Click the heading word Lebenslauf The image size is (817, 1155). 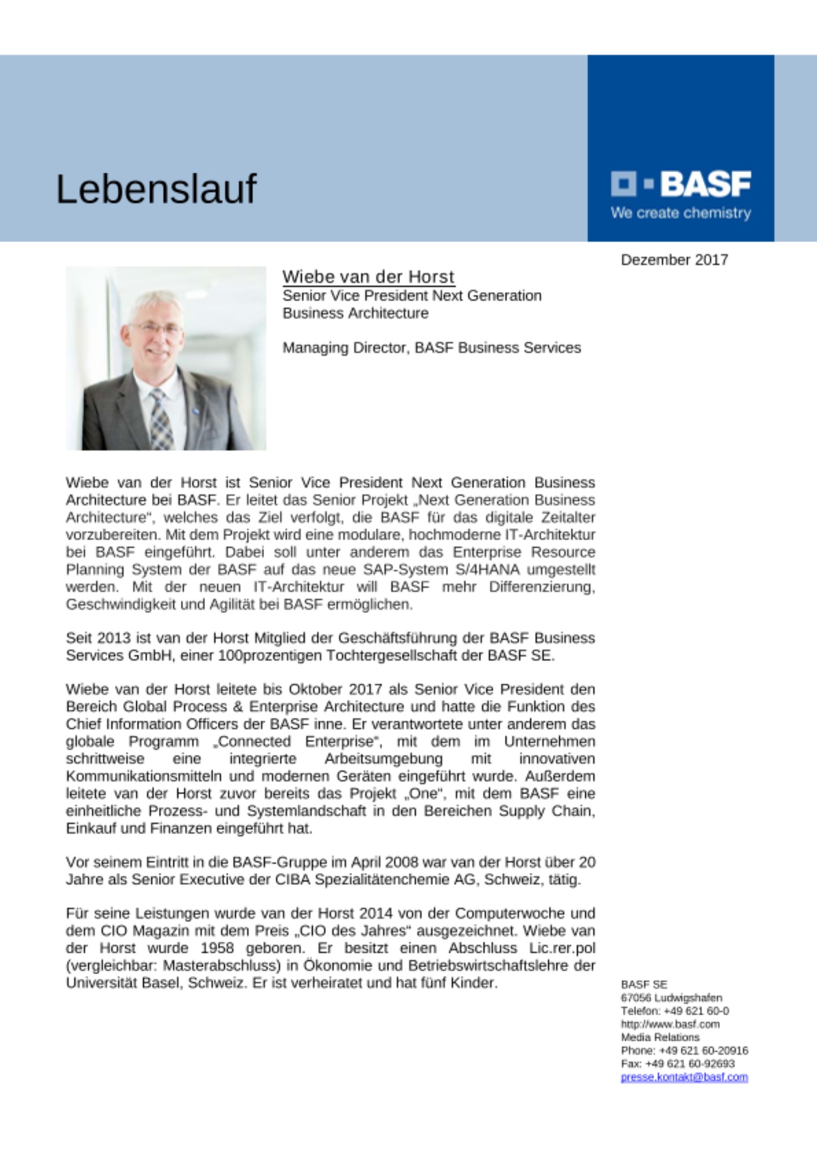click(x=156, y=189)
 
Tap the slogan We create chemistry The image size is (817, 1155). click(x=681, y=213)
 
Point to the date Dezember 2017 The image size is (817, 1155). click(x=674, y=260)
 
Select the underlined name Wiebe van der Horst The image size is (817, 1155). click(x=368, y=277)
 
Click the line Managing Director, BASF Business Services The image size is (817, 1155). click(x=431, y=348)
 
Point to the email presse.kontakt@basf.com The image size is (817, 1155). click(x=684, y=1077)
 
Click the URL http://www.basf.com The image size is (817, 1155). click(x=670, y=1024)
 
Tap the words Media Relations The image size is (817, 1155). click(x=660, y=1037)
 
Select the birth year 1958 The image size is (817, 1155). click(x=217, y=948)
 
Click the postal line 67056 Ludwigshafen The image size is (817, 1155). click(x=671, y=997)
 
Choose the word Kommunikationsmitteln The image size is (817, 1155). click(x=143, y=776)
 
